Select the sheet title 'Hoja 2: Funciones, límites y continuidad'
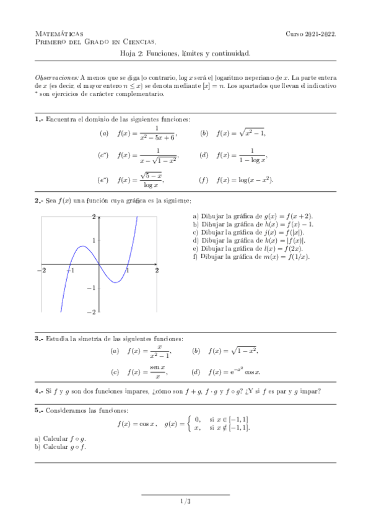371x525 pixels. point(185,54)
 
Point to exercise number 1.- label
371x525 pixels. point(39,119)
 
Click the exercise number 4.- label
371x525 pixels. point(39,391)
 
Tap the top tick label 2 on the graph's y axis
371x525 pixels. point(94,217)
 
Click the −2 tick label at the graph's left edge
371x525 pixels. point(42,271)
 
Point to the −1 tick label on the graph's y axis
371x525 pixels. point(93,288)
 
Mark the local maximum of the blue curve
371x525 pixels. point(84,246)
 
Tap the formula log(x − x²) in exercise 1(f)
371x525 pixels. point(253,180)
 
